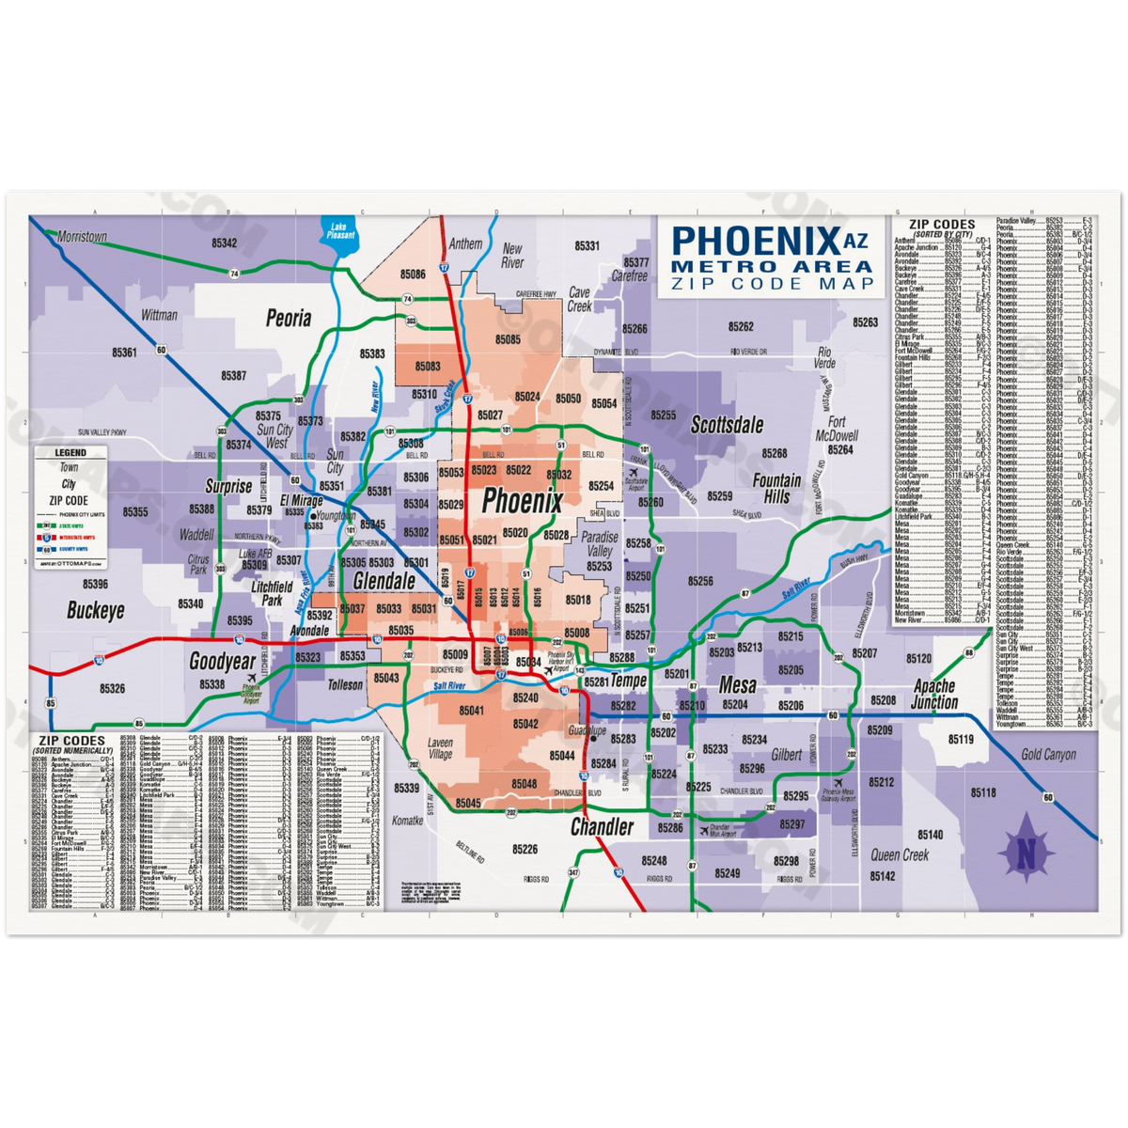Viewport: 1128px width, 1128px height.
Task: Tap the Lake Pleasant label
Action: pos(338,230)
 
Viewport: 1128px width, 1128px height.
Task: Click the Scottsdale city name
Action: pos(727,425)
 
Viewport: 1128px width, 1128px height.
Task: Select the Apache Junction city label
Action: pos(934,695)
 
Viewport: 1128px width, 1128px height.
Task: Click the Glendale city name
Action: pos(384,582)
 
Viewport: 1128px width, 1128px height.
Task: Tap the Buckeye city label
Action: pos(95,611)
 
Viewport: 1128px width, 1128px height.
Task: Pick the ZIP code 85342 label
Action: pos(224,243)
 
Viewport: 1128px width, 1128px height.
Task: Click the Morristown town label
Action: pos(82,237)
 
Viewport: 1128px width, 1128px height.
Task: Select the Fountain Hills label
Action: pos(776,487)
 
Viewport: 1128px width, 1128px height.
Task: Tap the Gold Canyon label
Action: pos(1048,754)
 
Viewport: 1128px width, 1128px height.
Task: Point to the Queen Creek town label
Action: pos(899,855)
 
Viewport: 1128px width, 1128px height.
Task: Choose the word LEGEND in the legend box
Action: pos(70,453)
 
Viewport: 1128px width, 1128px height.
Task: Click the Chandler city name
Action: pos(602,827)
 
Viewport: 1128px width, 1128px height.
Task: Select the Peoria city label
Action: pos(289,318)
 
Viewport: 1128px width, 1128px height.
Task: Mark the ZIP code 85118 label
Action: pos(982,793)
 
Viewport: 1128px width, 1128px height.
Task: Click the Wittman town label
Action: pos(159,315)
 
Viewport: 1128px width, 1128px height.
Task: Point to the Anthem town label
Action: pos(465,243)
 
